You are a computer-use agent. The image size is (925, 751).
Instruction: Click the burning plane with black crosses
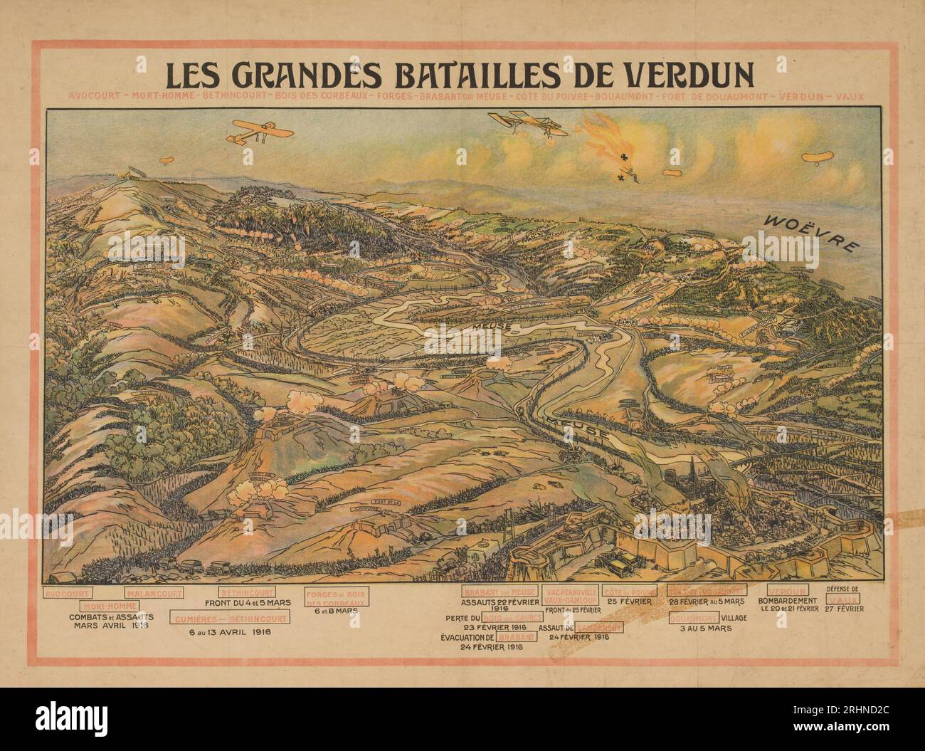point(612,149)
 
